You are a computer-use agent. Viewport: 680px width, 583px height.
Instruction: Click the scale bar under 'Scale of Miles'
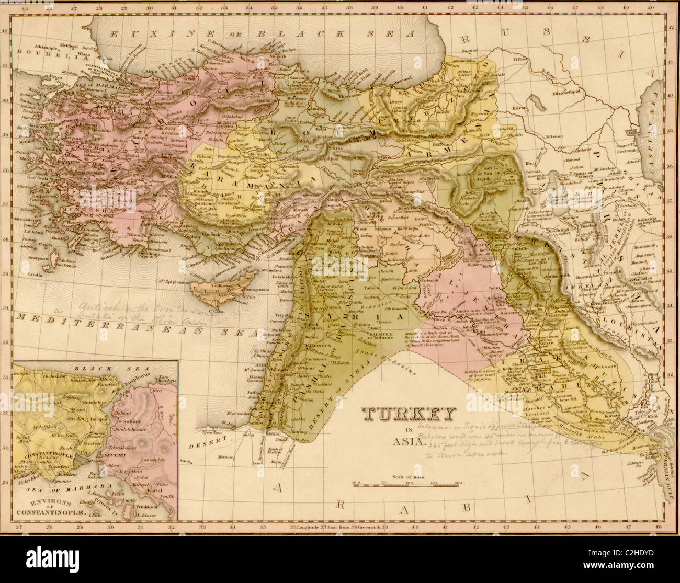(x=407, y=486)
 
